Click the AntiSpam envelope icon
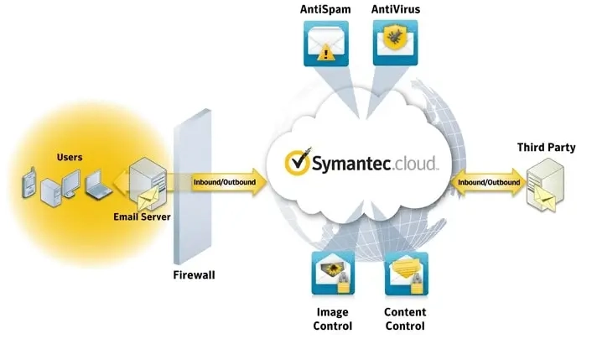[x=326, y=44]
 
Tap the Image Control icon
[x=333, y=273]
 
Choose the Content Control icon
[x=407, y=274]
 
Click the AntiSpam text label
[x=325, y=9]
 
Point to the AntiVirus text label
[x=396, y=9]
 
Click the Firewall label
[x=194, y=275]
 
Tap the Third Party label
[x=546, y=148]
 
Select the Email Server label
[x=142, y=217]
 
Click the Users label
[x=70, y=157]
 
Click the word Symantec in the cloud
[x=351, y=164]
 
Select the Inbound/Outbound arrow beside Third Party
[x=489, y=182]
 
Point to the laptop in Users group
[x=98, y=185]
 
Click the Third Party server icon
[x=545, y=185]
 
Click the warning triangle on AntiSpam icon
[x=325, y=53]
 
